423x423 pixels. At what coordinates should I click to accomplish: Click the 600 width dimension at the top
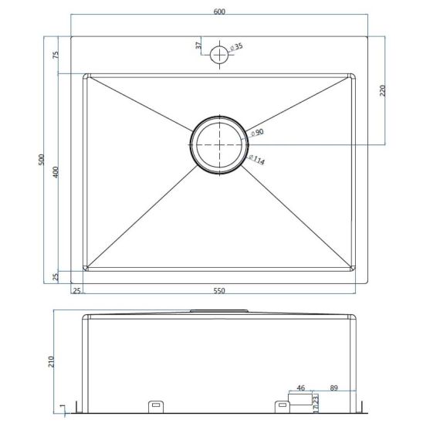[219, 12]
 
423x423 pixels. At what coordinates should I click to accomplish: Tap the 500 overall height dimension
[41, 160]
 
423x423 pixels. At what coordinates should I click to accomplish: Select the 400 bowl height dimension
[56, 172]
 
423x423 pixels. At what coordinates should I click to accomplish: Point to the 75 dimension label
[56, 55]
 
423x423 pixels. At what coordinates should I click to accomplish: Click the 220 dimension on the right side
[382, 90]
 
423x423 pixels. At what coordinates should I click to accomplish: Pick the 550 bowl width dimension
[219, 290]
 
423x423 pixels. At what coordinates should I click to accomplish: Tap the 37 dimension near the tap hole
[198, 46]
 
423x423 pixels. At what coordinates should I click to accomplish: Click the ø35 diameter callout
[236, 47]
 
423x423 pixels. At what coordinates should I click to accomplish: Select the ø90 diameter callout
[257, 133]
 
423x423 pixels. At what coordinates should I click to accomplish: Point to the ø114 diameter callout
[256, 160]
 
